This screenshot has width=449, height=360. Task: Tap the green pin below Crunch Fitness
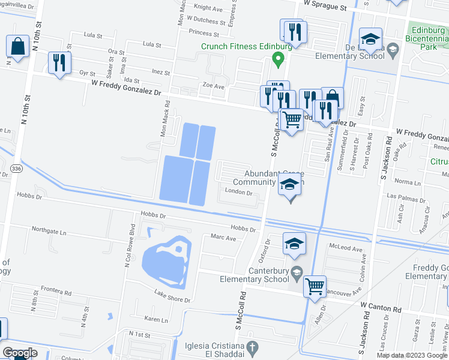point(277,59)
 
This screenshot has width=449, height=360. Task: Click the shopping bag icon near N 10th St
point(18,47)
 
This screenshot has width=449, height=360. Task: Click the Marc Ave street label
point(223,238)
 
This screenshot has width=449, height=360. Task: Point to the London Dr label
point(238,193)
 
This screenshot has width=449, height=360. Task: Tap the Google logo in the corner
point(19,353)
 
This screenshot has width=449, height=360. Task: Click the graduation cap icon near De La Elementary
point(370,39)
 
